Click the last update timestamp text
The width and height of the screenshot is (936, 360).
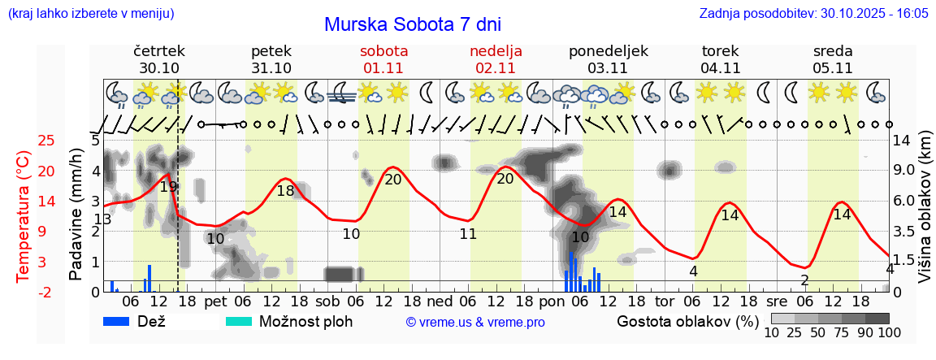(x=813, y=14)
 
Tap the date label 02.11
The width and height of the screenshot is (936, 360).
(x=496, y=68)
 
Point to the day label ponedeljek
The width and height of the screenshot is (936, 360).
(x=609, y=51)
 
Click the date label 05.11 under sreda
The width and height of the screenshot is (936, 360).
(x=833, y=68)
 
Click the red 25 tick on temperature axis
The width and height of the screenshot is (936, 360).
(x=46, y=141)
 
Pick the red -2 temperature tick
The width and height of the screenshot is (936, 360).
(x=46, y=292)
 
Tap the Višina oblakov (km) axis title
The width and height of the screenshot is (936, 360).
(x=925, y=215)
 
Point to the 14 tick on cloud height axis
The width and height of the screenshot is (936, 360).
(x=901, y=141)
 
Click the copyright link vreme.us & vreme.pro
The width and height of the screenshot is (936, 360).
(x=475, y=323)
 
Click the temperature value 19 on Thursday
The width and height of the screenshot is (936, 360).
(x=168, y=187)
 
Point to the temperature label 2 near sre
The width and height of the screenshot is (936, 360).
(x=804, y=280)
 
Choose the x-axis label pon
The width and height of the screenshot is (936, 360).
(x=551, y=301)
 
